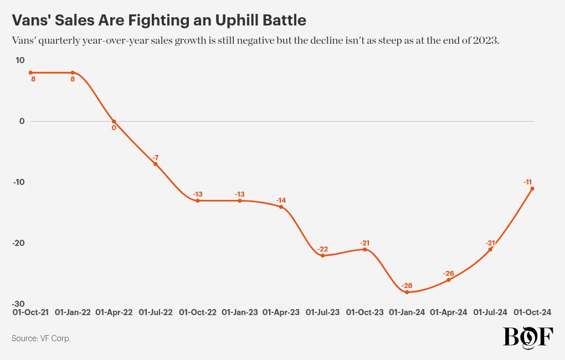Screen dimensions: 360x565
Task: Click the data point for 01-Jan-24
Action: (407, 292)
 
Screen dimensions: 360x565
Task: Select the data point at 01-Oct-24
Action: (532, 188)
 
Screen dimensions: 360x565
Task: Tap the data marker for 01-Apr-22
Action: (114, 121)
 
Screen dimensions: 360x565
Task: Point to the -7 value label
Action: (156, 158)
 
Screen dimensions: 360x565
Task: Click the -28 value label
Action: (407, 285)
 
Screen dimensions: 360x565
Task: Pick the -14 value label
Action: (281, 200)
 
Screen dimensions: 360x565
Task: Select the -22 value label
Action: (323, 249)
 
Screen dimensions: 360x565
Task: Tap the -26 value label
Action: (449, 274)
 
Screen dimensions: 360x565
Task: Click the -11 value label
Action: (528, 182)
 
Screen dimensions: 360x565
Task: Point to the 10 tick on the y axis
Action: (20, 60)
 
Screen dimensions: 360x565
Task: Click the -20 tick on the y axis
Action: (18, 243)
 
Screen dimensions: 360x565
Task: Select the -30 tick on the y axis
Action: (18, 304)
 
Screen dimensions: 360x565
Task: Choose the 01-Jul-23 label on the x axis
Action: (323, 312)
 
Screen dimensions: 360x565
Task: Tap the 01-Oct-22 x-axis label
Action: (198, 312)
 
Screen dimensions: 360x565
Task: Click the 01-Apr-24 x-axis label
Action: (449, 312)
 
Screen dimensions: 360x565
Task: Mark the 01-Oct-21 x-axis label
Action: (31, 312)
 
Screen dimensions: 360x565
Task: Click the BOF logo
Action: (527, 337)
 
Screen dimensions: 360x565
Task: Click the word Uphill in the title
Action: (219, 20)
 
